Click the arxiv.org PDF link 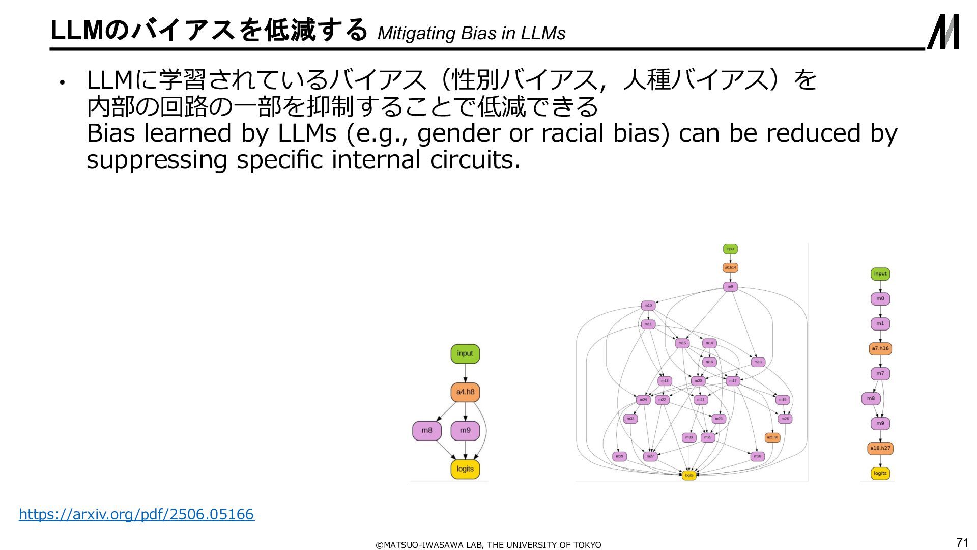point(136,514)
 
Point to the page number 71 point(962,542)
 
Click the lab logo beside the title point(942,32)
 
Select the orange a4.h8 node point(465,392)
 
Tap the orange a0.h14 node point(730,268)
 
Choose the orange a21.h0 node point(772,437)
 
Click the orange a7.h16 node point(880,349)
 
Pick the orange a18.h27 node point(880,449)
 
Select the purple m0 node point(880,299)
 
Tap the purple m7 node point(880,374)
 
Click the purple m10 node point(648,306)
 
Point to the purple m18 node point(758,362)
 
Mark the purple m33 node point(630,419)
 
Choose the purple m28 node point(758,456)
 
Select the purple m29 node point(619,456)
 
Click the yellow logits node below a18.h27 point(880,474)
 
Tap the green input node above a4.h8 point(465,353)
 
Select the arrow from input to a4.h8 point(465,373)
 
